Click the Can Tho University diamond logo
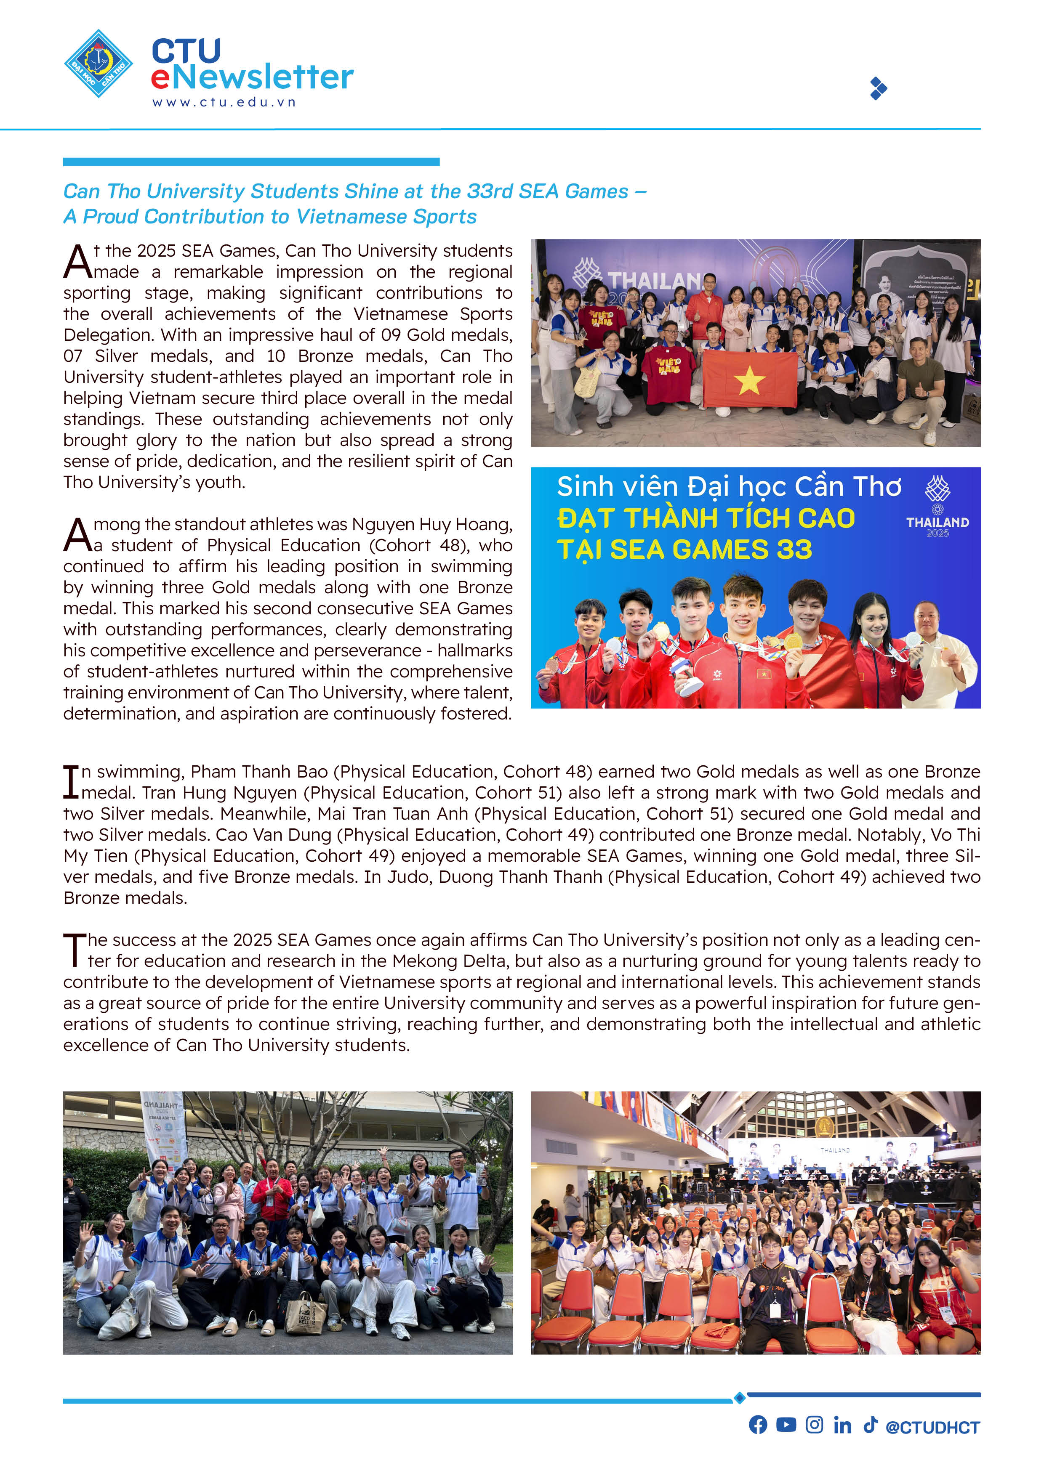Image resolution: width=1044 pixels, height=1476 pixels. tap(99, 64)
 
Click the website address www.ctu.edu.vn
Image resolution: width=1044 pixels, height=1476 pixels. tap(224, 102)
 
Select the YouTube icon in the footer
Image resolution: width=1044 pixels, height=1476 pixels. tap(786, 1425)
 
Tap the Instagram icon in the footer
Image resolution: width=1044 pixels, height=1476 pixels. tap(814, 1425)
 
